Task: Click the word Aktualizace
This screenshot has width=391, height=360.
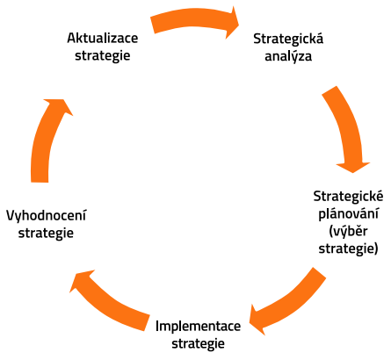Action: (x=103, y=38)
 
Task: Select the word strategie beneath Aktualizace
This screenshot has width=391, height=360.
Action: (x=103, y=55)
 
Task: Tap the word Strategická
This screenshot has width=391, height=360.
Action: (x=288, y=39)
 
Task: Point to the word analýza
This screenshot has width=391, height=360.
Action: (x=288, y=56)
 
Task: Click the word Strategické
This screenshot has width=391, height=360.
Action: (x=348, y=196)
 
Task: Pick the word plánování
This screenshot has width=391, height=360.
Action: (x=348, y=213)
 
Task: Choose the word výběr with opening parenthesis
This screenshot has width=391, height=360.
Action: (x=348, y=231)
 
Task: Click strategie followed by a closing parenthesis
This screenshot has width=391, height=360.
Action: (x=348, y=248)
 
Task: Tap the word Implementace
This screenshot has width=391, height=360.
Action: (x=199, y=326)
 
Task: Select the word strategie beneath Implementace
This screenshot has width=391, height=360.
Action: (x=199, y=343)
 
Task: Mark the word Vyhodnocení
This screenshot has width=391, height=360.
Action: (x=47, y=216)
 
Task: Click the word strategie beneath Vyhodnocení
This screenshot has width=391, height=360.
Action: (x=46, y=234)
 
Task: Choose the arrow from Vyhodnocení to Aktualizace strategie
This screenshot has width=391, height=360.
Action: (x=44, y=138)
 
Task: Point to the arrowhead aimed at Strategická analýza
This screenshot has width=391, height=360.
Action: (x=231, y=23)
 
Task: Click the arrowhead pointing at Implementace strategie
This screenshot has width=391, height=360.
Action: (x=257, y=320)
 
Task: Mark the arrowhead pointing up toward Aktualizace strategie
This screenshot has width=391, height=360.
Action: (x=59, y=106)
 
